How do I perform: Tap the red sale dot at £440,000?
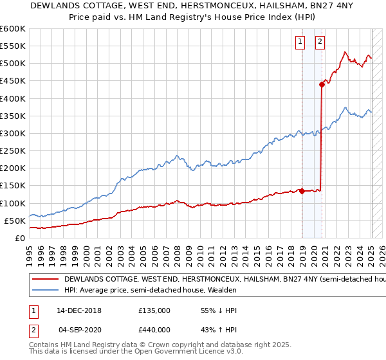322,84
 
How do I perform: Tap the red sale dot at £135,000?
302,190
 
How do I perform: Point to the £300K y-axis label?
13,134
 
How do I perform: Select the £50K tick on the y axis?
15,221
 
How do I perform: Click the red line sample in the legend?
46,280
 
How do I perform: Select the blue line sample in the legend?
46,291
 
